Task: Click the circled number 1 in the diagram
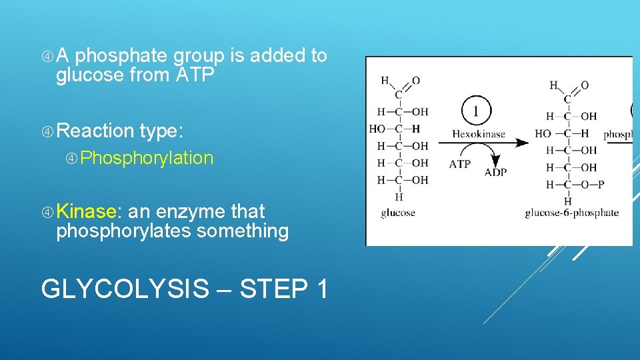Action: (475, 110)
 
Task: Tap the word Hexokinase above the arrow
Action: (479, 134)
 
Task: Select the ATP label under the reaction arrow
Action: (460, 163)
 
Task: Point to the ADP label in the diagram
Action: (495, 172)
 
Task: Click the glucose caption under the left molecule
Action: (398, 213)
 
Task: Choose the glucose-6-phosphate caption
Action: (571, 213)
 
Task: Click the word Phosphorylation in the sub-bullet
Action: (147, 158)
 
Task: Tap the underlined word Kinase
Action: (87, 211)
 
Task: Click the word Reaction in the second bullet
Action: (95, 131)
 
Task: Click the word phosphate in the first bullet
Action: (117, 55)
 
